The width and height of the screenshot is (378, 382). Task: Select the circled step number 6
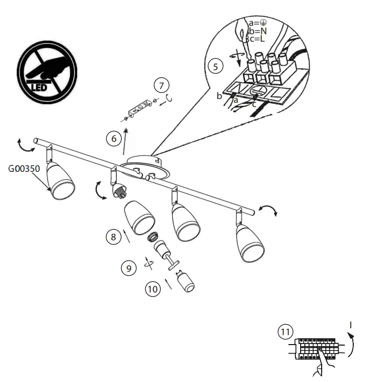[113, 139]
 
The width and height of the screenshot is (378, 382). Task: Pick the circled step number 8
[113, 237]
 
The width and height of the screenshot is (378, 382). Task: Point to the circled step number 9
[128, 268]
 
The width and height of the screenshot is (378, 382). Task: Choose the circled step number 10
[153, 289]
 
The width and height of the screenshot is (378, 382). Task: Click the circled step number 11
[285, 332]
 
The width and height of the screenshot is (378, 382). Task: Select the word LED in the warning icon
[43, 86]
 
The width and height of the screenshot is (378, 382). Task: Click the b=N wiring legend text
[258, 31]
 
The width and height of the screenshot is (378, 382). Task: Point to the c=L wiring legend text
[257, 38]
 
